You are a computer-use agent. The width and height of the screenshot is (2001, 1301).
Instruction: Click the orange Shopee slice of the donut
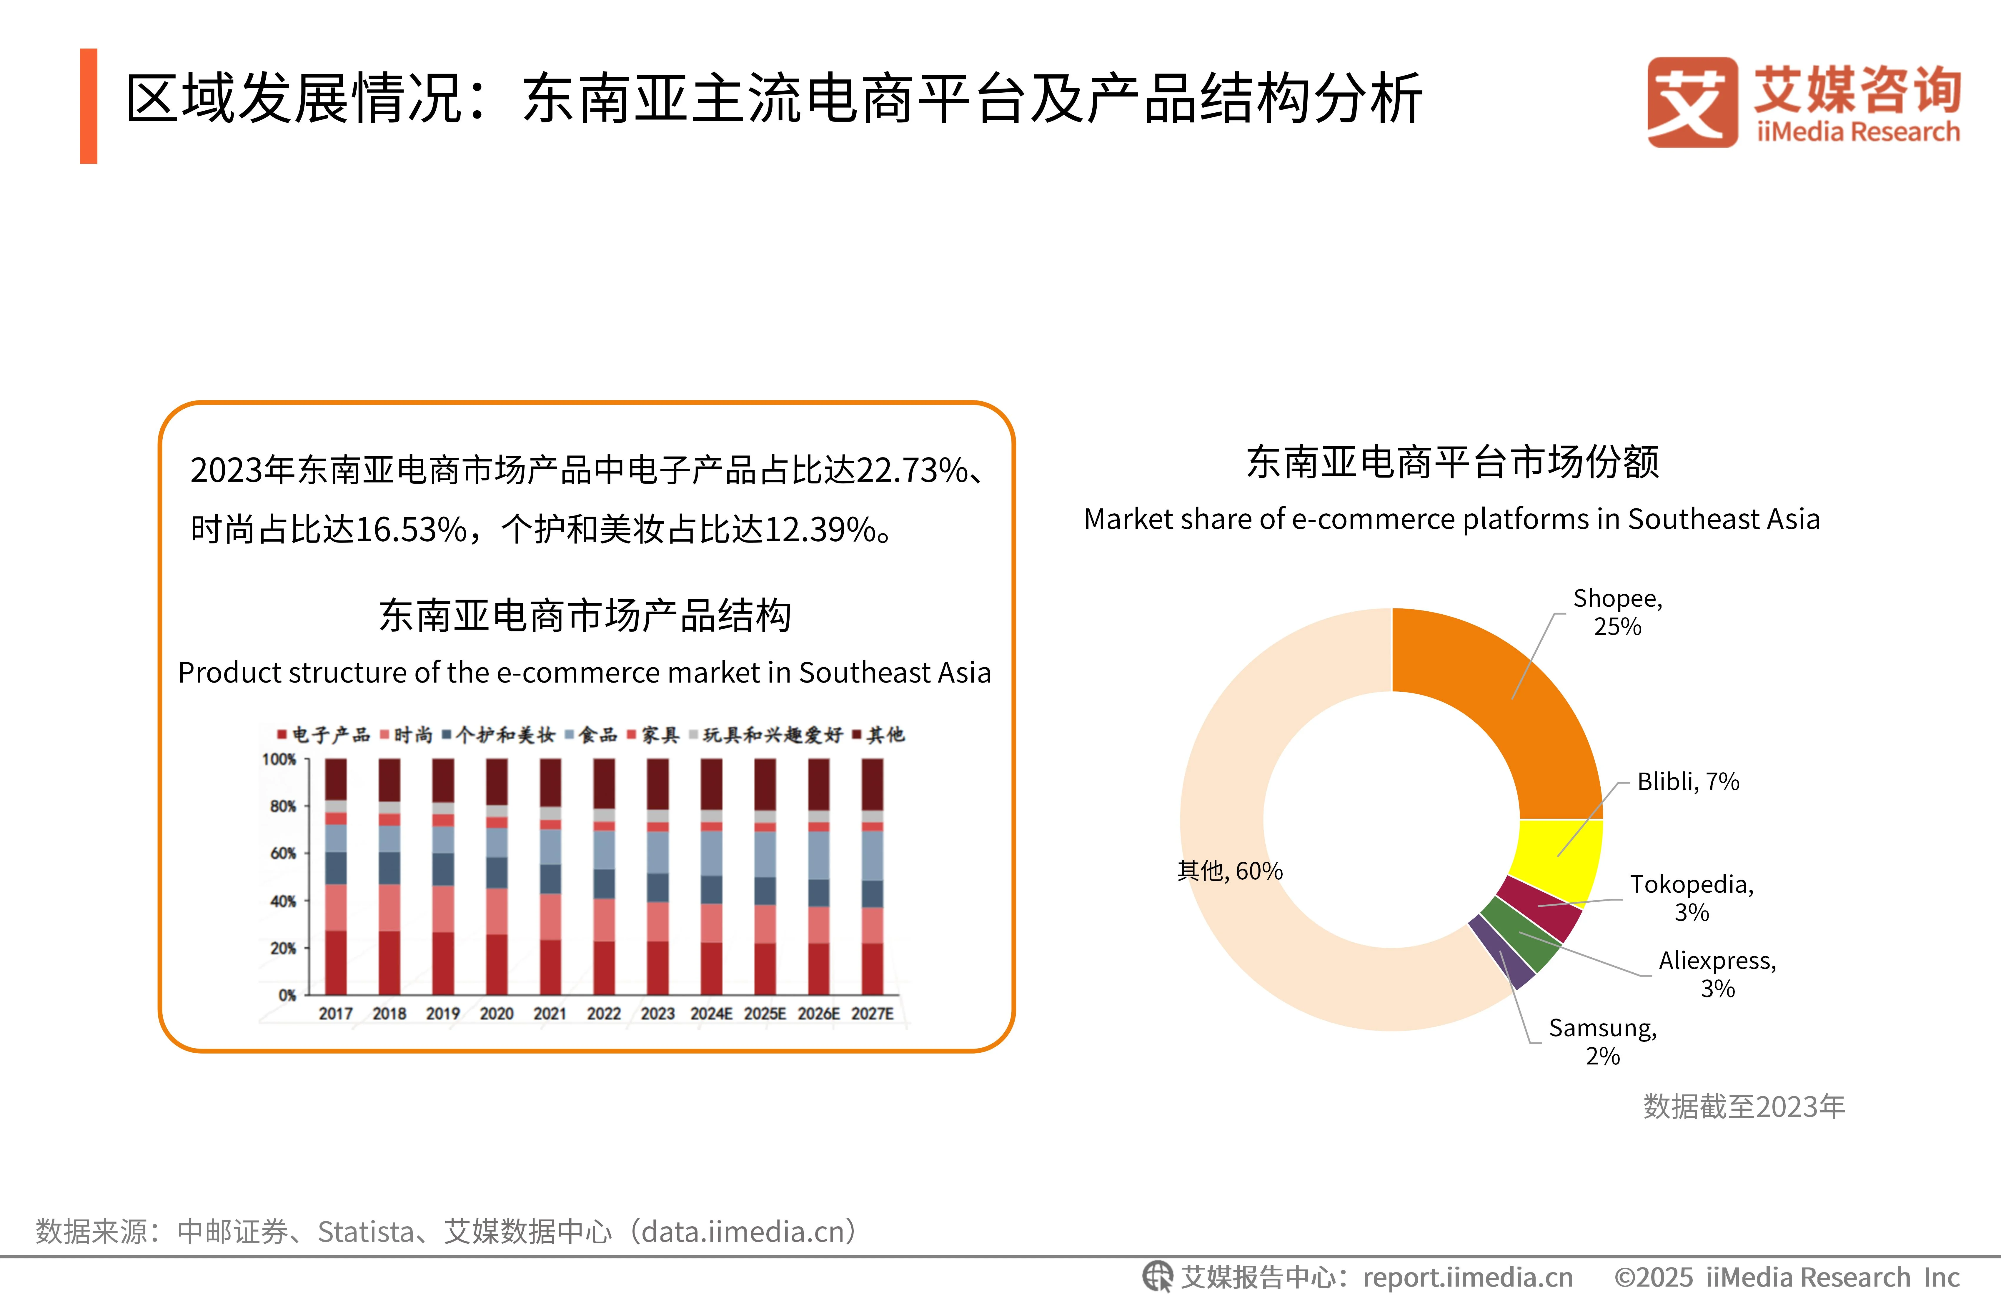coord(1505,706)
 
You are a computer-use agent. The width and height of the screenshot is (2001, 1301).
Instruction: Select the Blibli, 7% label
coord(1687,781)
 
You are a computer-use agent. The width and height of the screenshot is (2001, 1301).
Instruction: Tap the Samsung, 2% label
coord(1602,1041)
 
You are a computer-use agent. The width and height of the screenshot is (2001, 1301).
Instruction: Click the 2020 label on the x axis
coord(496,1013)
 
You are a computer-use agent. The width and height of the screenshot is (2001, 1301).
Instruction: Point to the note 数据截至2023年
coord(1744,1106)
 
